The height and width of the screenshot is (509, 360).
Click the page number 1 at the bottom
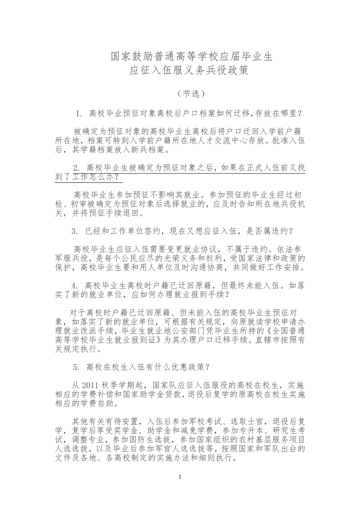point(180,477)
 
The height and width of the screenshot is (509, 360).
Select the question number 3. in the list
point(75,231)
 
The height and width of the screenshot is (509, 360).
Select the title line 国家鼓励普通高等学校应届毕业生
point(191,57)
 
